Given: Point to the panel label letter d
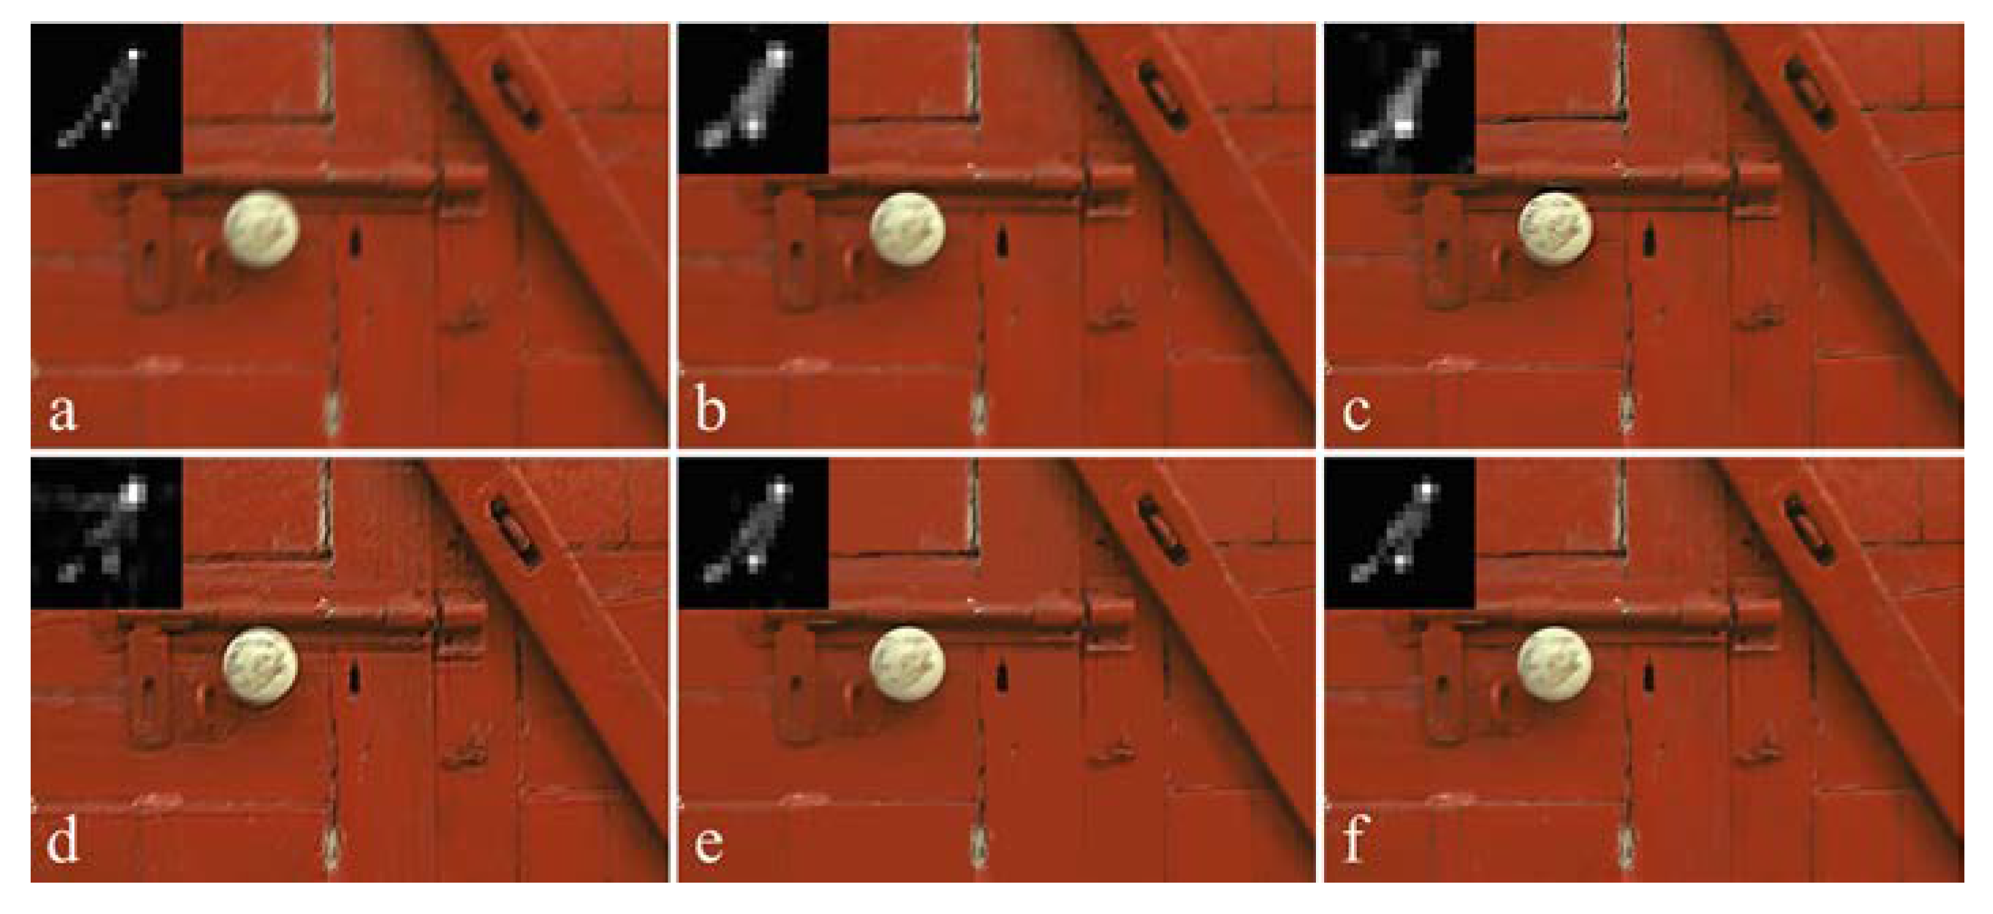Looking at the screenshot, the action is pyautogui.click(x=63, y=840).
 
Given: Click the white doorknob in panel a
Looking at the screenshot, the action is pyautogui.click(x=262, y=230).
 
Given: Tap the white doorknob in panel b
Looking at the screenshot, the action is pyautogui.click(x=907, y=230).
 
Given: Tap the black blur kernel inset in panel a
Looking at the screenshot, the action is pyautogui.click(x=107, y=98).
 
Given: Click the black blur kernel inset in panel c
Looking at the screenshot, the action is pyautogui.click(x=1400, y=98).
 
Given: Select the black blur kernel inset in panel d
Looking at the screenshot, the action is pyautogui.click(x=107, y=532).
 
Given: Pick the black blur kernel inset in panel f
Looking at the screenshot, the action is pyautogui.click(x=1400, y=532).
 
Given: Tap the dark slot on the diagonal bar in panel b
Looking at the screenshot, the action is pyautogui.click(x=1161, y=95).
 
